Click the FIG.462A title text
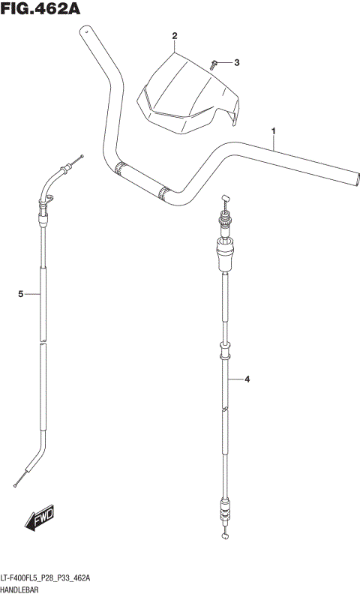point(40,9)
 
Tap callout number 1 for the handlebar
point(273,131)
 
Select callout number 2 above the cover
point(175,36)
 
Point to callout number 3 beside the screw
point(237,62)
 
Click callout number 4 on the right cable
point(247,379)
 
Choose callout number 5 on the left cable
point(21,293)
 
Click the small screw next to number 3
point(214,64)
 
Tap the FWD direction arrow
point(40,517)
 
